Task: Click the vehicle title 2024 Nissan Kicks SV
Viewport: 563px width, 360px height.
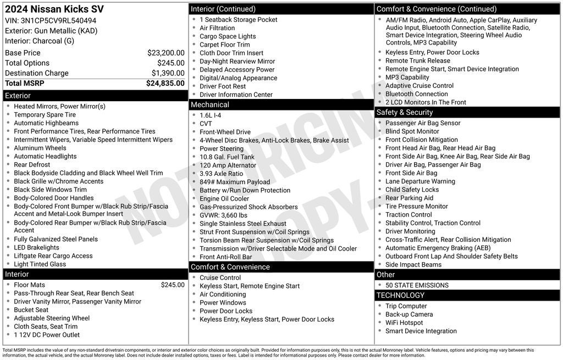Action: click(54, 9)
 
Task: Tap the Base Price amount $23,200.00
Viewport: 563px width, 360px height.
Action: click(165, 53)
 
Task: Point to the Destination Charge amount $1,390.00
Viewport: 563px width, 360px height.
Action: click(168, 73)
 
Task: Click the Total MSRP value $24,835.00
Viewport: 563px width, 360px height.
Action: click(165, 84)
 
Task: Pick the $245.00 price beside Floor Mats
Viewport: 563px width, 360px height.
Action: click(173, 285)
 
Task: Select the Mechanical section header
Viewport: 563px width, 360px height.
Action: click(210, 104)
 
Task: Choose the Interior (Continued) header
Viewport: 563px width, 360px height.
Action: click(223, 9)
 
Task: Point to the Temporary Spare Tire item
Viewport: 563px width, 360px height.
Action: click(45, 115)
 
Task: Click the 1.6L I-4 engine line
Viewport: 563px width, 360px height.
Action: click(210, 115)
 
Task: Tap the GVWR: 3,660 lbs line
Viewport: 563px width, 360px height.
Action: click(223, 215)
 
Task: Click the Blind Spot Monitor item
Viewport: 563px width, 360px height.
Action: click(412, 131)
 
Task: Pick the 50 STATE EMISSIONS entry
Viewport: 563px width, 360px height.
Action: click(417, 285)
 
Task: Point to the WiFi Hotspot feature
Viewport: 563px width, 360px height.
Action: click(404, 323)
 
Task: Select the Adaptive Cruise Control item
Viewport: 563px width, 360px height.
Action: click(419, 86)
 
